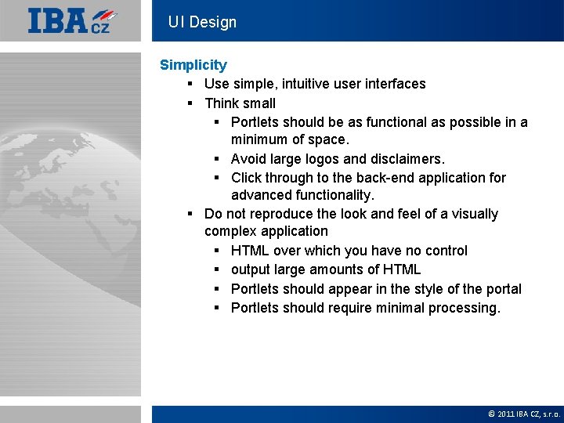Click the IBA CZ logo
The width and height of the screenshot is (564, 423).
click(x=73, y=21)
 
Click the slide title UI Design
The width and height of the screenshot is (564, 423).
click(x=202, y=22)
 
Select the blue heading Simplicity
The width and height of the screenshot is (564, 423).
click(x=193, y=65)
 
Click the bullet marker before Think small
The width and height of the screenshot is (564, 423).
click(x=190, y=103)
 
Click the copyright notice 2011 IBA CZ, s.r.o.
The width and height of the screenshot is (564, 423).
click(x=526, y=414)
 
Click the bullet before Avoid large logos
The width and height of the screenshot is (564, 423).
click(x=216, y=158)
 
